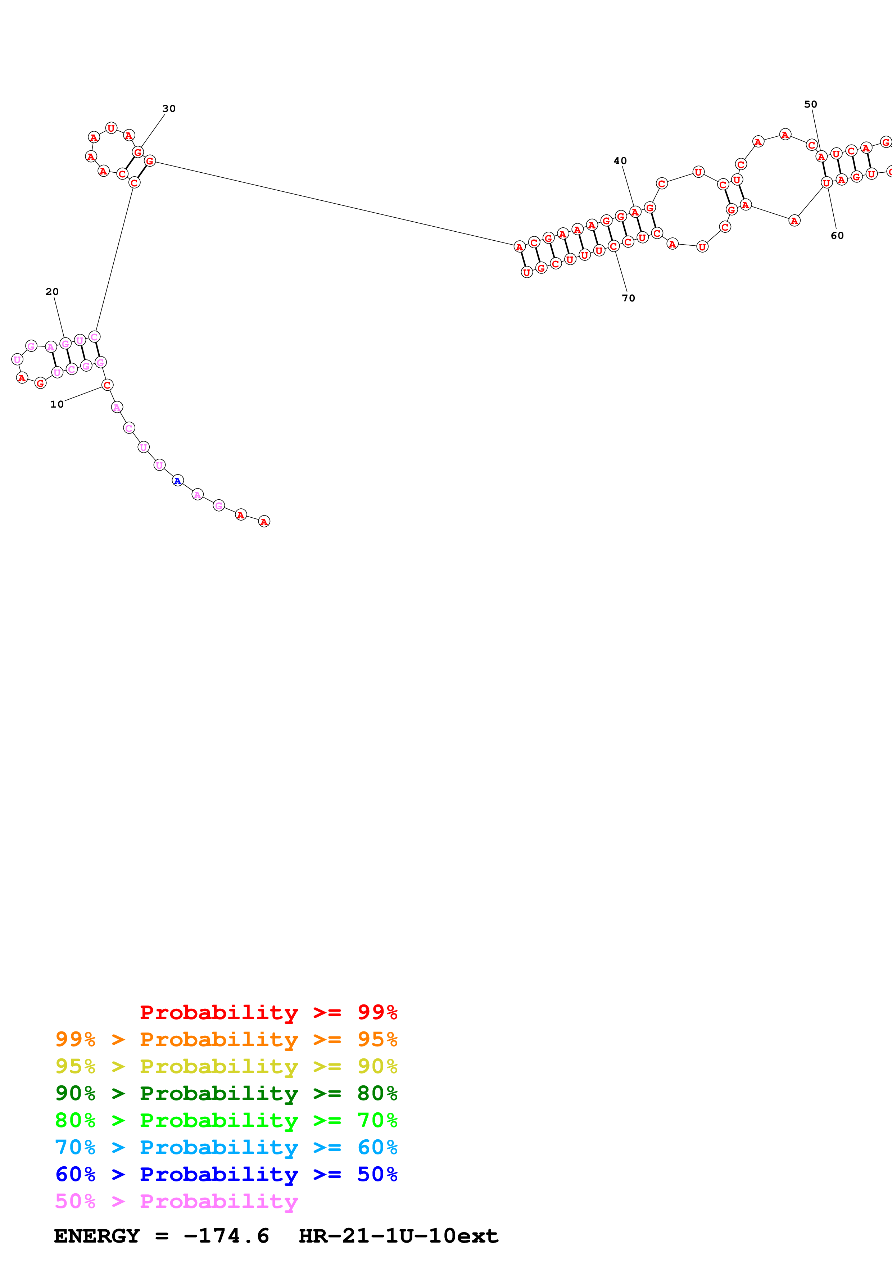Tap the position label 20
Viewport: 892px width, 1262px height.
click(52, 292)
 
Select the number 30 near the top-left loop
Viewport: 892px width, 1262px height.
click(169, 109)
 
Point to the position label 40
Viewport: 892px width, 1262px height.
click(620, 161)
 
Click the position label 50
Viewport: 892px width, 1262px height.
click(811, 104)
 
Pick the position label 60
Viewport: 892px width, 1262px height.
click(837, 236)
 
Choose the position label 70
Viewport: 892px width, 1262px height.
click(628, 299)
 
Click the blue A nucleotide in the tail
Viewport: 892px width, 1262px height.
click(177, 481)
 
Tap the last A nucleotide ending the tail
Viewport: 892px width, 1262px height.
click(264, 522)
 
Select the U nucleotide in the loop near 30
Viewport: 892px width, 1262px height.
click(111, 128)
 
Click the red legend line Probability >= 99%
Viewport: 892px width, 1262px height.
click(268, 1012)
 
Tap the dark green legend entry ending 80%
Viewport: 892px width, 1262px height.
click(226, 1093)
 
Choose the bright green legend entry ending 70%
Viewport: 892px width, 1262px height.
click(226, 1120)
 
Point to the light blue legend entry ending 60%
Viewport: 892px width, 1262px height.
click(226, 1147)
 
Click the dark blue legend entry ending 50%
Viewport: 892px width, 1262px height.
click(226, 1174)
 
